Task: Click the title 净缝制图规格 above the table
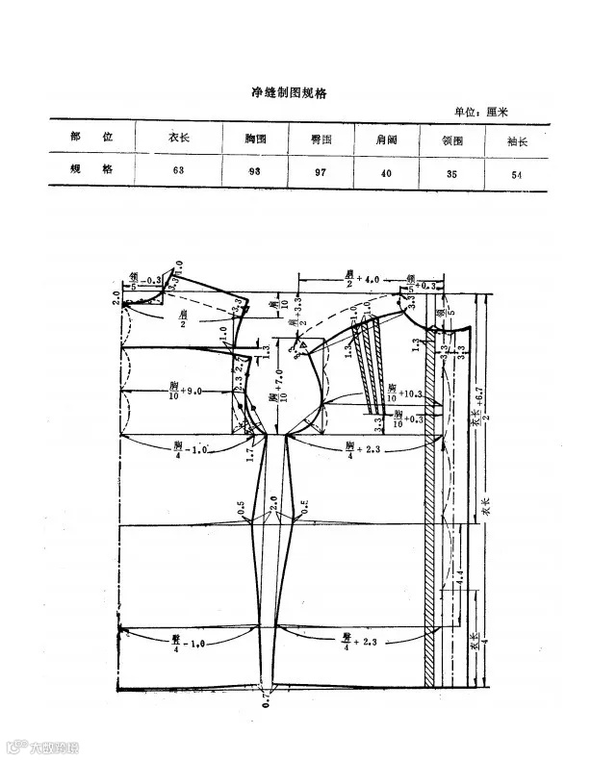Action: click(x=288, y=93)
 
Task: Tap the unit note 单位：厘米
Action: click(x=494, y=112)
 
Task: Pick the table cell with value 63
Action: click(x=179, y=169)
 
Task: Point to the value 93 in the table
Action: click(x=256, y=170)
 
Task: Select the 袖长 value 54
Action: click(x=520, y=171)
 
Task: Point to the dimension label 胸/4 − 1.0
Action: click(x=186, y=448)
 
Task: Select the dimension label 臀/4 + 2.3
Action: click(x=359, y=640)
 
